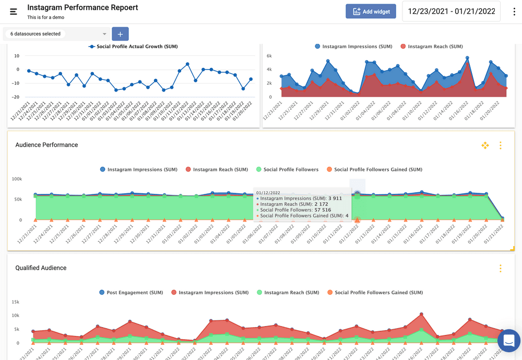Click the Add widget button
tap(371, 11)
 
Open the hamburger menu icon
tap(14, 11)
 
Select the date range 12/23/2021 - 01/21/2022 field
tap(451, 11)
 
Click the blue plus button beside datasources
tap(120, 34)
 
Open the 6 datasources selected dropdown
tap(57, 34)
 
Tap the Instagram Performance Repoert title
tap(82, 7)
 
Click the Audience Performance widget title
tap(46, 145)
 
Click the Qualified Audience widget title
tap(41, 268)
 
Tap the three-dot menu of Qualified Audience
tap(500, 269)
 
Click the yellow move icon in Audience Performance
tap(485, 145)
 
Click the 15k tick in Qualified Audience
tap(16, 302)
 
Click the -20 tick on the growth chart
tap(16, 97)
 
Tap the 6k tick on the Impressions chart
tap(269, 55)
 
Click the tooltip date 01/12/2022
tap(268, 193)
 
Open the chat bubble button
tap(508, 341)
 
